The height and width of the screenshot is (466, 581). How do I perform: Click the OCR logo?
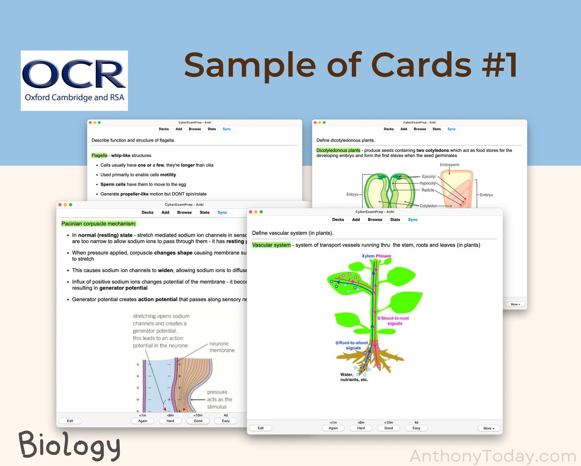74,81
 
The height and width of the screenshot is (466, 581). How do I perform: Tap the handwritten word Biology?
70,445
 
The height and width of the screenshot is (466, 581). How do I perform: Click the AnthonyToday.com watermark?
493,456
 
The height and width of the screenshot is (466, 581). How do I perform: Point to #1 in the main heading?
499,65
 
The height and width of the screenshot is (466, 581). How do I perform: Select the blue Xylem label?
368,256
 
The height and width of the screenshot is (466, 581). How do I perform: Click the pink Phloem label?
383,256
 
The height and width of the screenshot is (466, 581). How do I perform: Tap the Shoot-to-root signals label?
395,321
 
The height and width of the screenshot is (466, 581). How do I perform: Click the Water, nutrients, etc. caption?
354,377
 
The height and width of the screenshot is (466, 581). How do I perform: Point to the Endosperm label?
449,165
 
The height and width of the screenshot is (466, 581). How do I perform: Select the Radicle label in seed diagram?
428,190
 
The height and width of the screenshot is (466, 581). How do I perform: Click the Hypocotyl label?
428,183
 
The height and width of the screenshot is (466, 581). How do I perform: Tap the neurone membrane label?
222,347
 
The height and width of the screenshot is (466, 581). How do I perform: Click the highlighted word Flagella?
99,156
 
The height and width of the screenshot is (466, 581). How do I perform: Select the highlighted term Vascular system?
271,245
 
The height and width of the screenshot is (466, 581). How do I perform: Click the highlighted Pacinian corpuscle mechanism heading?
99,224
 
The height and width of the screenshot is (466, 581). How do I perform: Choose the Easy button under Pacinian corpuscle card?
226,421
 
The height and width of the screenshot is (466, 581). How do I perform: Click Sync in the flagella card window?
226,129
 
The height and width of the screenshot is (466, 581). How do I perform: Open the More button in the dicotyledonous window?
515,304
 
